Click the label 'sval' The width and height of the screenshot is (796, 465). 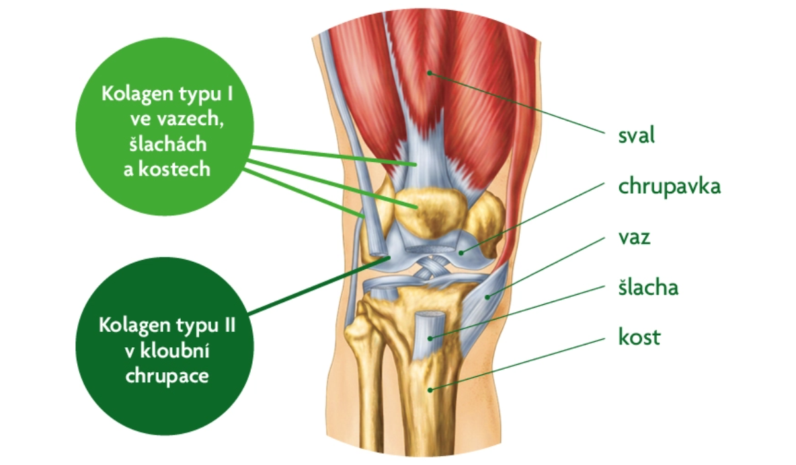click(636, 135)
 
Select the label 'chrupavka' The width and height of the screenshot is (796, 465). click(669, 186)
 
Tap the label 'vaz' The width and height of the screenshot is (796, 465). click(634, 238)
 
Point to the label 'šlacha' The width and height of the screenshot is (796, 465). click(648, 287)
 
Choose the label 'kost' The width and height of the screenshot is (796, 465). click(639, 337)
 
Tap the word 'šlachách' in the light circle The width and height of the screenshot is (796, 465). click(167, 144)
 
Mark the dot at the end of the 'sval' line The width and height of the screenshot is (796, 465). click(429, 73)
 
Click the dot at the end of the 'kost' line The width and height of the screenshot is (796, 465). click(430, 390)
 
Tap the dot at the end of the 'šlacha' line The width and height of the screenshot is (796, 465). click(430, 338)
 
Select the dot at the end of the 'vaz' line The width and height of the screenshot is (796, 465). click(487, 297)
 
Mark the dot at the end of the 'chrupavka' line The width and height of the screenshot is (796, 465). click(461, 252)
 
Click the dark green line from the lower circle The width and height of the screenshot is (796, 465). click(319, 285)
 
